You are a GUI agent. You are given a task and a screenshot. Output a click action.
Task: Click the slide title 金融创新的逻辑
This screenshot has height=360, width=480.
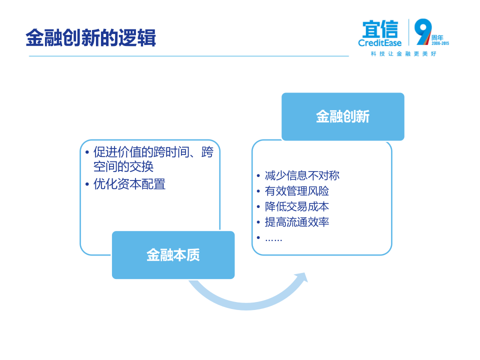pyautogui.click(x=90, y=38)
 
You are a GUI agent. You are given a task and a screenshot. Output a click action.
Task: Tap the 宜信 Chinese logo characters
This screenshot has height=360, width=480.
pyautogui.click(x=380, y=29)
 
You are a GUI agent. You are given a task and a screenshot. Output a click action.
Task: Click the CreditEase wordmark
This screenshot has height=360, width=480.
pyautogui.click(x=380, y=43)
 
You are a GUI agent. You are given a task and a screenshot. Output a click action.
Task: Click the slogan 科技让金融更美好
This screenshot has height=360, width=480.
pyautogui.click(x=403, y=53)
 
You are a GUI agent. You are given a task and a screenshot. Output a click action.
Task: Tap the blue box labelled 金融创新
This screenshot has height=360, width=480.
pyautogui.click(x=342, y=116)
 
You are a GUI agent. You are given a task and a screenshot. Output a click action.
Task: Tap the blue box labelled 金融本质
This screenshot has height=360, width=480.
pyautogui.click(x=173, y=255)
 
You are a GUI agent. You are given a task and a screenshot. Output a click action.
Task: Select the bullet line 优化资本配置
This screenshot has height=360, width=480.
pyautogui.click(x=129, y=184)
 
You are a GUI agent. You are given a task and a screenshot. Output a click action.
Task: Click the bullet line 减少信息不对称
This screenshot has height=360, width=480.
pyautogui.click(x=302, y=175)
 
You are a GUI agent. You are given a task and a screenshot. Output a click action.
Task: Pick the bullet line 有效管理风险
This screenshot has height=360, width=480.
pyautogui.click(x=296, y=191)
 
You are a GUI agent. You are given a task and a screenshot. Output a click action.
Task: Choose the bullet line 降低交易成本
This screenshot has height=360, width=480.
pyautogui.click(x=296, y=206)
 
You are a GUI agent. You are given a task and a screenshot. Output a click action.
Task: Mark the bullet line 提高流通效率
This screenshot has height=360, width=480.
pyautogui.click(x=296, y=222)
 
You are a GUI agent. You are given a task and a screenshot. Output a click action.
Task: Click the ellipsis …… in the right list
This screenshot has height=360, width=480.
pyautogui.click(x=273, y=238)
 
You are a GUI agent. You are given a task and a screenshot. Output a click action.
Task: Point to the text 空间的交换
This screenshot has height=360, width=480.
pyautogui.click(x=123, y=167)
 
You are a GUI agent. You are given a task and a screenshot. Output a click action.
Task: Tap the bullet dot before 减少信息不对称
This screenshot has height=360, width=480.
pyautogui.click(x=258, y=176)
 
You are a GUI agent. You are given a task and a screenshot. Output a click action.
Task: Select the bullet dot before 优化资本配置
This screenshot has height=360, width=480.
pyautogui.click(x=87, y=184)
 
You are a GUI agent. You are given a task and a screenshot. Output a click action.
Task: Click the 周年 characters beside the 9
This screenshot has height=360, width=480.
pyautogui.click(x=437, y=37)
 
